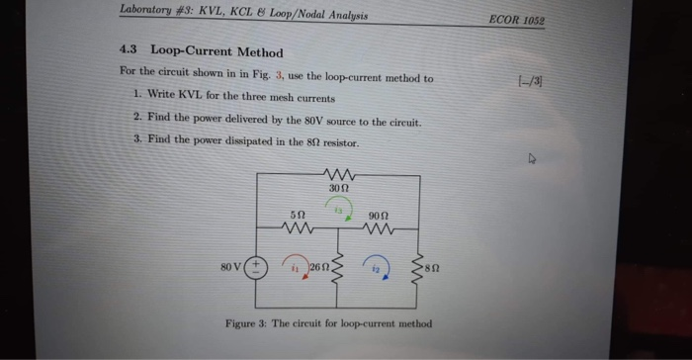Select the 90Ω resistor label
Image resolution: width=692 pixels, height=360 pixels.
tap(378, 215)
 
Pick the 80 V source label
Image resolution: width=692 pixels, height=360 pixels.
tap(231, 266)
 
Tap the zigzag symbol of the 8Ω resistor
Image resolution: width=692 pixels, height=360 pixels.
tap(419, 266)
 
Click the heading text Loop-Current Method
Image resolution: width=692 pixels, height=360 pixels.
tap(216, 52)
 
